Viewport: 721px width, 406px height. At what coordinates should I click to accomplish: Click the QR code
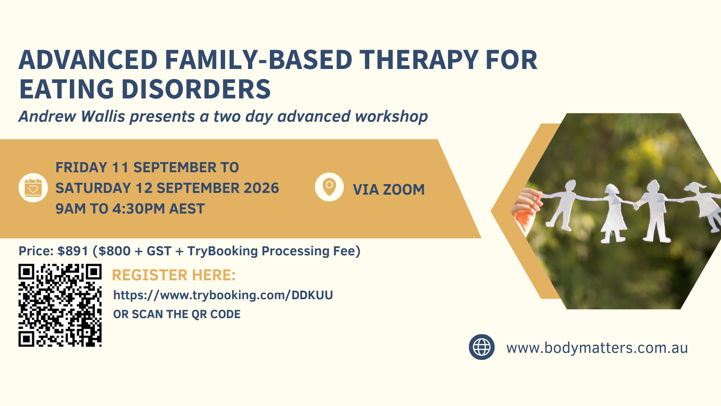pos(60,305)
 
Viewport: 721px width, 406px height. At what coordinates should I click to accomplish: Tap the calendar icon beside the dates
pos(33,188)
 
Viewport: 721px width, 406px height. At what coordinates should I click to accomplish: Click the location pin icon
pos(329,187)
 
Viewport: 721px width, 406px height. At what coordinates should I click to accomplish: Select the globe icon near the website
pos(481,347)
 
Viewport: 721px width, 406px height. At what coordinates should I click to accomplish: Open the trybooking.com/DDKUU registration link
pos(223,295)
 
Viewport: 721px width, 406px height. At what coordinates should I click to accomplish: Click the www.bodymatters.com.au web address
pos(597,348)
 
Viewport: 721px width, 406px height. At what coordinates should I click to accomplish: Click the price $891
pos(73,251)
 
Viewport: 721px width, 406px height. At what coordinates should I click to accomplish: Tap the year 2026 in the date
pos(261,188)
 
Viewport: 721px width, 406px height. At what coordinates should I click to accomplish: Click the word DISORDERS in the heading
pos(196,89)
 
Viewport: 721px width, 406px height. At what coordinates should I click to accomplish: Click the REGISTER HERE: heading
pos(174,275)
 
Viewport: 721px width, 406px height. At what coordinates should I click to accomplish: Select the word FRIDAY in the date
pos(81,167)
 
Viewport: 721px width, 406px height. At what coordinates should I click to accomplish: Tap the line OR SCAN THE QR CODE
pos(177,314)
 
